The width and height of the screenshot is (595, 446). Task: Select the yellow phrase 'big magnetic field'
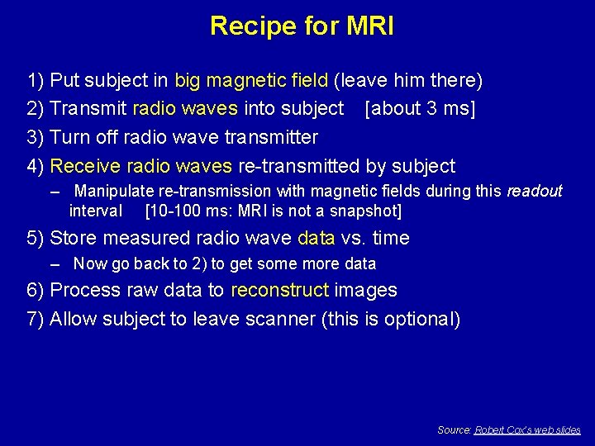point(251,81)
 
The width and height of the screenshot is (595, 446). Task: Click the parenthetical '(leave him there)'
point(408,81)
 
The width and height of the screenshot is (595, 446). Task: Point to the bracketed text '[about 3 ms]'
point(420,108)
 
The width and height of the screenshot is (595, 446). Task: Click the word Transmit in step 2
point(88,108)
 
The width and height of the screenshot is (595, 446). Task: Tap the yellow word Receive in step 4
point(83,165)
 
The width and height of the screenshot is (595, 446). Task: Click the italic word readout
point(534,192)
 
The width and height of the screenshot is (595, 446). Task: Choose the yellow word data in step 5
point(317,239)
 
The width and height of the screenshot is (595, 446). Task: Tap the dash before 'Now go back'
point(55,264)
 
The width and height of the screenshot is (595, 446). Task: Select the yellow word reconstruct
point(280,291)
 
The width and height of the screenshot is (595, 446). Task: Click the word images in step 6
point(365,291)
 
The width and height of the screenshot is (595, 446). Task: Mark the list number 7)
point(36,319)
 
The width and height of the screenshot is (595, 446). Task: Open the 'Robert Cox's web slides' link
point(527,430)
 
